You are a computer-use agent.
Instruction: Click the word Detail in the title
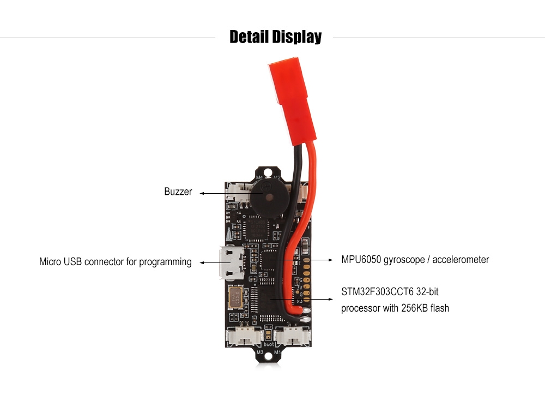249,37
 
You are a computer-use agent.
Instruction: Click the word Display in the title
297,37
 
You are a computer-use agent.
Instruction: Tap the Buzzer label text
178,192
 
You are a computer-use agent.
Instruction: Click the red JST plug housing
293,100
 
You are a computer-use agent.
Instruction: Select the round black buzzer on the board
267,198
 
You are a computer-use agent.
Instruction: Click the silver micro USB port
231,262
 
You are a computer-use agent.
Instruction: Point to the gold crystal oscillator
235,297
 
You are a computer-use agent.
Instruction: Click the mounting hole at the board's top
268,172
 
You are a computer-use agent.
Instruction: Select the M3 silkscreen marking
259,352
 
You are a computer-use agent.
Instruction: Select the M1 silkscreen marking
277,352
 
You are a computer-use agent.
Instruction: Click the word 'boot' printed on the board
269,344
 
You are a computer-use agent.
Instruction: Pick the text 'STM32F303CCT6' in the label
377,291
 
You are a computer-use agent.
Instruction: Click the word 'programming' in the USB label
165,262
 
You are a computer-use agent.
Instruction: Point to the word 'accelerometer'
461,260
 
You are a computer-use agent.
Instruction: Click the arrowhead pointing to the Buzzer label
202,193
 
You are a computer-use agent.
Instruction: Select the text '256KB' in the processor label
414,308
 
